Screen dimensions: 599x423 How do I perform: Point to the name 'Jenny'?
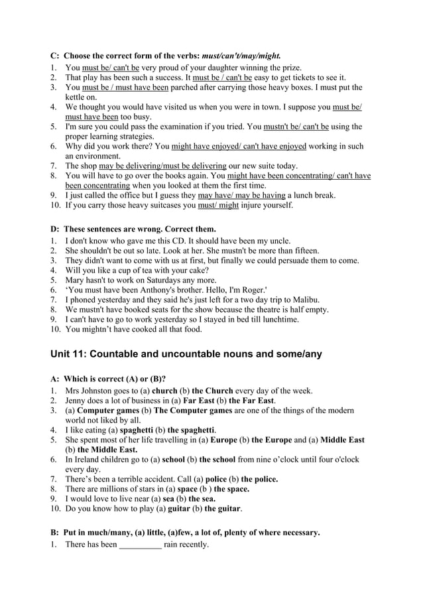pos(77,401)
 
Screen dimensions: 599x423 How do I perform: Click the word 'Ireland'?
pos(90,459)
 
